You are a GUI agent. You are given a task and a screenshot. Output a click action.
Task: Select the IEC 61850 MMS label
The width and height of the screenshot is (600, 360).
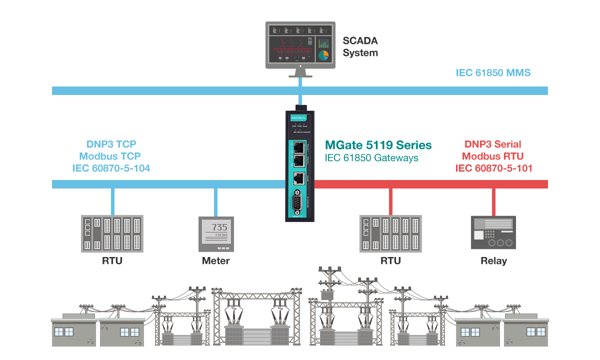pos(493,73)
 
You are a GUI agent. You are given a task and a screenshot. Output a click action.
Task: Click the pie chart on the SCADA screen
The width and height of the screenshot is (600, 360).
pos(323,55)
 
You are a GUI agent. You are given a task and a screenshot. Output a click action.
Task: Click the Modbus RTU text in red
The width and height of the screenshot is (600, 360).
pos(493,156)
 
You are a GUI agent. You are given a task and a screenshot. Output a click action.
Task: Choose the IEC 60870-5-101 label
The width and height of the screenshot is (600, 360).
pos(493,168)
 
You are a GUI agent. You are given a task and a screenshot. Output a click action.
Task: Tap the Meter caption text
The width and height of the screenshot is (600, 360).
pos(216,261)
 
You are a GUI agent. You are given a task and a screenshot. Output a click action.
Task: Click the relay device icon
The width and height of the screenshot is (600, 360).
pos(493,233)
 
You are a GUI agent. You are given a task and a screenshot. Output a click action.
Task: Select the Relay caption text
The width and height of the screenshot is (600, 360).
pos(493,261)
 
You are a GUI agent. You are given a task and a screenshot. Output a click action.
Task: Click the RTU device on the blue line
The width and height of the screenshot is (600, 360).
pos(112,233)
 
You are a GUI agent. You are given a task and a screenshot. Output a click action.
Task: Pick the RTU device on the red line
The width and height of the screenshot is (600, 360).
pos(390,233)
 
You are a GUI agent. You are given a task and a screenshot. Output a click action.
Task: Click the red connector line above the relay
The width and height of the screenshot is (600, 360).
pos(493,202)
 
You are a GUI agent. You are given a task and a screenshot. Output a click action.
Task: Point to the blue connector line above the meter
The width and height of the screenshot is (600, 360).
pos(216,202)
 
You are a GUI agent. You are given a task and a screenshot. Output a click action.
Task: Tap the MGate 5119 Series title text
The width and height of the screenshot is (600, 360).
pos(378,145)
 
